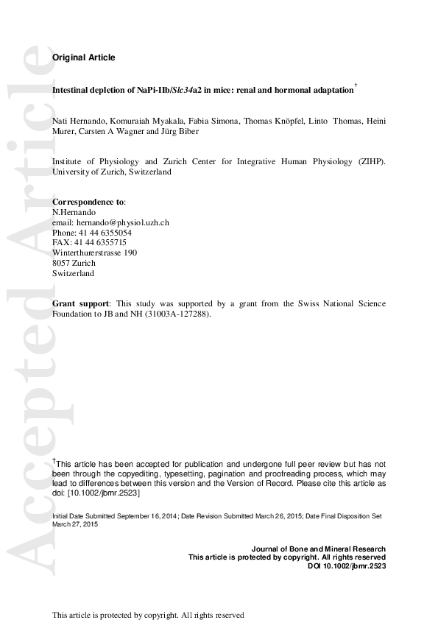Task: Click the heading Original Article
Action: point(83,57)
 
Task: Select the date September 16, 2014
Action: point(144,517)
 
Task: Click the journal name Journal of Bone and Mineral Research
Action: point(318,549)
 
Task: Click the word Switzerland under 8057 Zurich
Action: point(73,273)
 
